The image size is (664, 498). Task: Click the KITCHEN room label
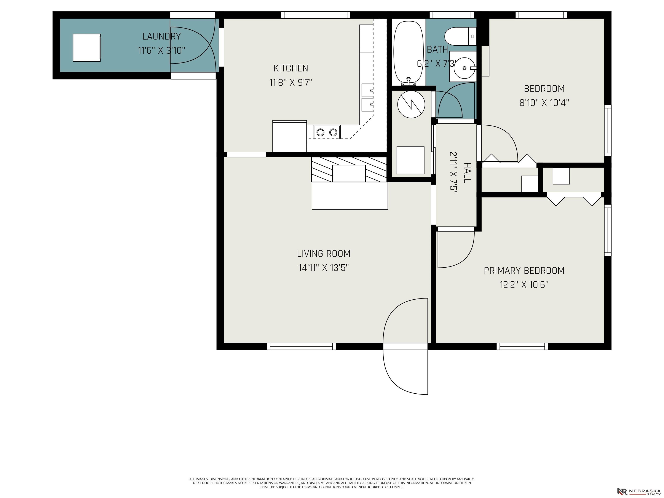point(290,69)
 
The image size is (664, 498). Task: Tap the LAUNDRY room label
point(161,37)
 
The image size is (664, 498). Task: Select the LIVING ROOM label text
point(324,254)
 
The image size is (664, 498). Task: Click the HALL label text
point(467,173)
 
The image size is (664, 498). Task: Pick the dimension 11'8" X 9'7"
point(290,83)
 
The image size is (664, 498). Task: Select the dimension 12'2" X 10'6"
point(524,285)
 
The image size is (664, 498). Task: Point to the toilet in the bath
point(460,37)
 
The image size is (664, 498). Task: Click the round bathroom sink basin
point(464,68)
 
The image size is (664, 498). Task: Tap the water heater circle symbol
point(411,104)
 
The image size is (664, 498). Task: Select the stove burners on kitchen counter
point(327,132)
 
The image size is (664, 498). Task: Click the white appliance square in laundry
point(87,48)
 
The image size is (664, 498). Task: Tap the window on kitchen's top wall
point(316,15)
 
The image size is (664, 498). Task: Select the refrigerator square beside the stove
point(290,136)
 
